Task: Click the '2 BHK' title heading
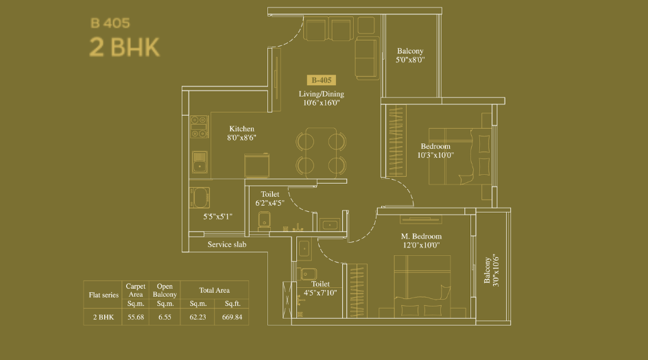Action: pos(124,49)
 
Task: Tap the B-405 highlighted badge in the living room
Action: pos(321,80)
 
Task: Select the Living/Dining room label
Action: pos(321,94)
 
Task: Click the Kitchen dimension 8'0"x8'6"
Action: pos(241,138)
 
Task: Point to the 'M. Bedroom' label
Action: pos(421,237)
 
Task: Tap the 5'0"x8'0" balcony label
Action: pos(410,60)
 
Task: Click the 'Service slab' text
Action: pos(226,244)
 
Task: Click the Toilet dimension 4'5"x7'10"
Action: pos(320,293)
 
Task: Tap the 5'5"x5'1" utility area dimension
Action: pos(217,217)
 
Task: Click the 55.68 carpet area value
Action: pos(134,317)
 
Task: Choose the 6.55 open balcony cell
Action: pos(165,317)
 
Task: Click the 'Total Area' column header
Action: pos(214,291)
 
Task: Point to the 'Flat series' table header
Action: pos(103,296)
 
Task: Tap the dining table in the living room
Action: pos(320,152)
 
